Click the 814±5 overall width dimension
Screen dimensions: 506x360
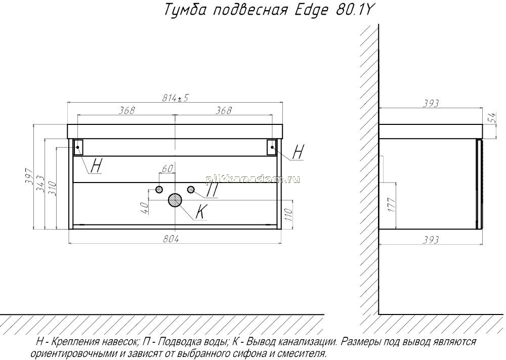[175, 98]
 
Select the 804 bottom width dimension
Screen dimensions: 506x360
[171, 239]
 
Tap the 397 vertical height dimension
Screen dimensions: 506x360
[29, 176]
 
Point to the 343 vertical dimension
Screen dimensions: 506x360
[39, 184]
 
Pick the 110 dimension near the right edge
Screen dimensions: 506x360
[288, 214]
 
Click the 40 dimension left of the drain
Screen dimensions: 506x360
[145, 207]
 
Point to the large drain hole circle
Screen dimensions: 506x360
[175, 200]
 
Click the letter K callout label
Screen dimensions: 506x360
[201, 212]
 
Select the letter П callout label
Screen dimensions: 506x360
[212, 190]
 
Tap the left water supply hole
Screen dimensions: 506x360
[159, 190]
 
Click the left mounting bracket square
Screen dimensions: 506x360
[78, 147]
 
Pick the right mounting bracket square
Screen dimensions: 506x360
[272, 147]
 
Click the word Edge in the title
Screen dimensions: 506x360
[312, 10]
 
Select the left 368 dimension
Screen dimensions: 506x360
[126, 110]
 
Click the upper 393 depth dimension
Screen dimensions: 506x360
[431, 103]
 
